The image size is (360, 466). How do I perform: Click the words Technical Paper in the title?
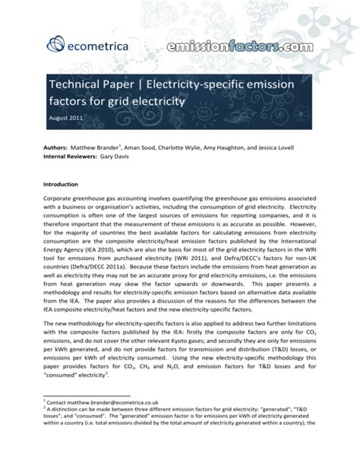tap(96, 82)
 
